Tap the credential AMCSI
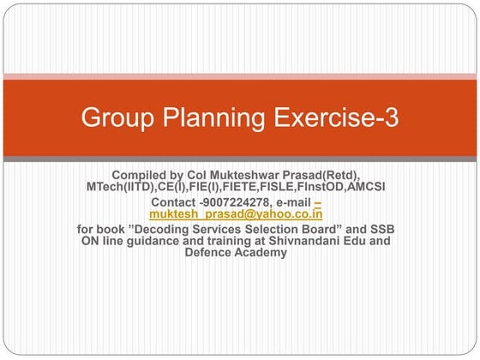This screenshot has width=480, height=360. click(363, 186)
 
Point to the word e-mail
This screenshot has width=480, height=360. click(292, 201)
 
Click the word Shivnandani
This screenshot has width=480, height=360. click(294, 241)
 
